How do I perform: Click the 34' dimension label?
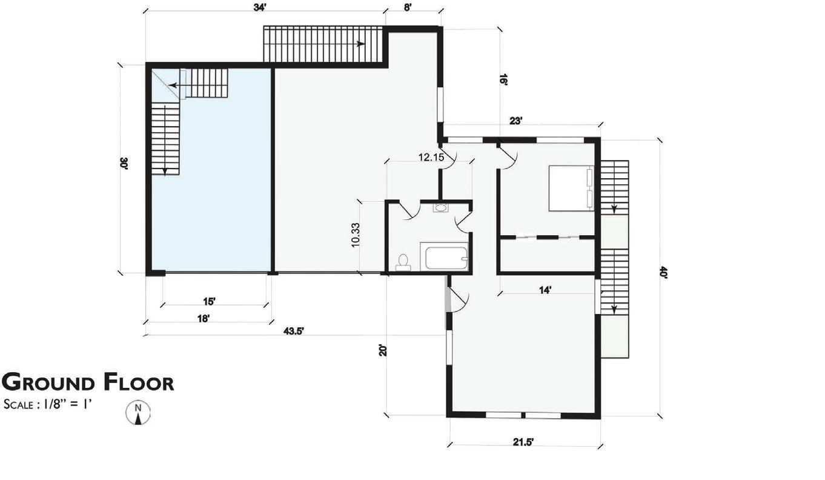pyautogui.click(x=260, y=7)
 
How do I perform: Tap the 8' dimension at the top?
pyautogui.click(x=407, y=7)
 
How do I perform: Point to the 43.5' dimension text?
pyautogui.click(x=293, y=331)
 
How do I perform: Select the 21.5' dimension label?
pyautogui.click(x=523, y=442)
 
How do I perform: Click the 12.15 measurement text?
pyautogui.click(x=431, y=158)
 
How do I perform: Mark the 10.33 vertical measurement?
pyautogui.click(x=356, y=235)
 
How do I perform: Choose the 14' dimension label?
pyautogui.click(x=545, y=290)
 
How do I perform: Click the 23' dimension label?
pyautogui.click(x=516, y=121)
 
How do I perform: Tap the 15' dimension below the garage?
pyautogui.click(x=209, y=301)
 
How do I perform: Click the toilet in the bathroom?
pyautogui.click(x=403, y=262)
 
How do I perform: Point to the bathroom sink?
pyautogui.click(x=440, y=207)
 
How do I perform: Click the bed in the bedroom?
pyautogui.click(x=571, y=188)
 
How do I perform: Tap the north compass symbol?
pyautogui.click(x=138, y=413)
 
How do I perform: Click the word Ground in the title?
pyautogui.click(x=48, y=382)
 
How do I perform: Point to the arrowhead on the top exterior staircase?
pyautogui.click(x=360, y=44)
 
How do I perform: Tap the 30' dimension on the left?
pyautogui.click(x=124, y=164)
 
